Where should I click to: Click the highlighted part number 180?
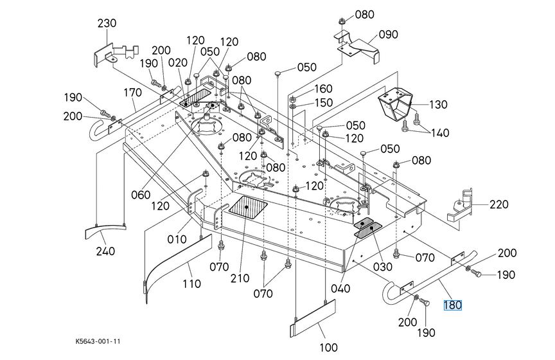(453, 305)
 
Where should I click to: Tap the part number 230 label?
(107, 23)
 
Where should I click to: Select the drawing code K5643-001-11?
(98, 341)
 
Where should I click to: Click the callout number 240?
(105, 251)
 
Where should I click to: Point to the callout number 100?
(328, 348)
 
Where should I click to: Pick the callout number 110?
(191, 283)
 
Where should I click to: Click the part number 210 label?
(240, 278)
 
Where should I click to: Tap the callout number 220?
(498, 204)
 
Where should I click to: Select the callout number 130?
(439, 105)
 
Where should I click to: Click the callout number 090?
(388, 35)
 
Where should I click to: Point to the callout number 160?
(324, 89)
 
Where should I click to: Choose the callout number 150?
(324, 103)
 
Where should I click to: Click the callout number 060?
(141, 195)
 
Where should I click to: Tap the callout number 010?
(177, 239)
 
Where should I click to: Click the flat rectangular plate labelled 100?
(313, 318)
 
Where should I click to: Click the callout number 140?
(440, 133)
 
